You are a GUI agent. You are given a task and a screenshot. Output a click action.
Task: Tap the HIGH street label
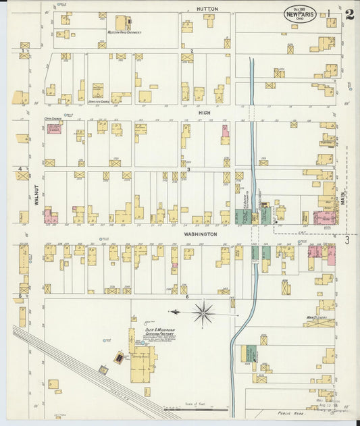pos(204,113)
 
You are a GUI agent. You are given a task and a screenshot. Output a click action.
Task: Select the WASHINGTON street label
pos(201,234)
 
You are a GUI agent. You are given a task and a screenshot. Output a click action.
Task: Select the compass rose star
pos(203,312)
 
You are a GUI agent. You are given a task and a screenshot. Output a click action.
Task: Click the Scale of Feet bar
pos(196,409)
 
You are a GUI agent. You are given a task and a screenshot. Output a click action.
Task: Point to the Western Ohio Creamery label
pos(124,32)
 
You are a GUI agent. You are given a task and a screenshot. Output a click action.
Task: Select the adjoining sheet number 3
pos(347,240)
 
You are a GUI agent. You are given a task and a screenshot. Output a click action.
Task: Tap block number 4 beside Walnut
pos(20,169)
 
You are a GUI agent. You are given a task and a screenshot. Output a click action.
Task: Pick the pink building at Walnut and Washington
pos(49,217)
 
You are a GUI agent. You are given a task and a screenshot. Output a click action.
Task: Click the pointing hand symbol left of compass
pos(174,312)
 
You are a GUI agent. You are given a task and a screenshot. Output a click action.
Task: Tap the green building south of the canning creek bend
pos(251,354)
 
